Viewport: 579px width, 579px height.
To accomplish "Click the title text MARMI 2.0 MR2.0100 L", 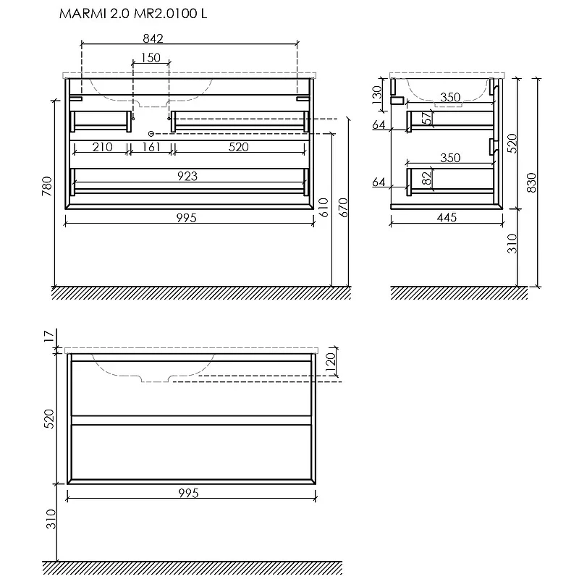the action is [x=133, y=14].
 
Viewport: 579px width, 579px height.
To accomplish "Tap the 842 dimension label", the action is [x=153, y=38].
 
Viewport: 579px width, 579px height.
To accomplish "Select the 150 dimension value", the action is [x=151, y=58].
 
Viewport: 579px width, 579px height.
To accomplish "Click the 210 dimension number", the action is [x=102, y=147].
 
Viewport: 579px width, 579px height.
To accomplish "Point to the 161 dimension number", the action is [x=151, y=147].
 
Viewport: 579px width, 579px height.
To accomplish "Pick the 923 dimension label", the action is [x=187, y=176].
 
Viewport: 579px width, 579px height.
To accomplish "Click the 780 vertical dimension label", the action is [x=47, y=186].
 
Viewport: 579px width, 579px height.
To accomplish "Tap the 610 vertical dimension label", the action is [x=323, y=208].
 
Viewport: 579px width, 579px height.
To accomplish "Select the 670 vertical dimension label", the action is [x=343, y=208].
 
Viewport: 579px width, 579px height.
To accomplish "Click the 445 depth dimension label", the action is [x=447, y=218].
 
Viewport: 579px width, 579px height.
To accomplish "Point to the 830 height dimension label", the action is [x=531, y=182].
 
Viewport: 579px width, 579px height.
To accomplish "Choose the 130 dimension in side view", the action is [x=376, y=95].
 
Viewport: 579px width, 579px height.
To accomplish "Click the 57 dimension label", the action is [x=426, y=118].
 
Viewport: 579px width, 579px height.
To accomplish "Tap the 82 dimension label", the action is [x=426, y=178].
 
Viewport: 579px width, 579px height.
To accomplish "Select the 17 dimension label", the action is [x=49, y=337].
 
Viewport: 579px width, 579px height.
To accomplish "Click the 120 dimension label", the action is [x=330, y=363].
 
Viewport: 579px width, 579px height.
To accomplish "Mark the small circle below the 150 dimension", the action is [x=151, y=133].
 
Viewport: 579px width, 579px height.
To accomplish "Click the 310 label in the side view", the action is [x=512, y=244].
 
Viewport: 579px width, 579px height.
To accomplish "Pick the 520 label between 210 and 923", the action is [x=239, y=147].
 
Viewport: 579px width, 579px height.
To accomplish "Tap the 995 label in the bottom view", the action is [x=188, y=494].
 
